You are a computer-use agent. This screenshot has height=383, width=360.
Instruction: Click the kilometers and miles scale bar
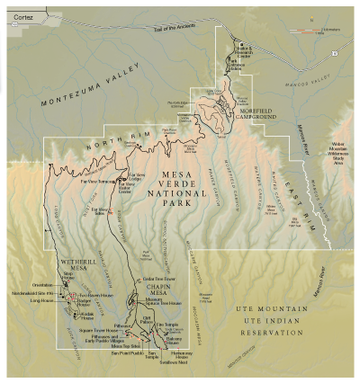click(x=315, y=32)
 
